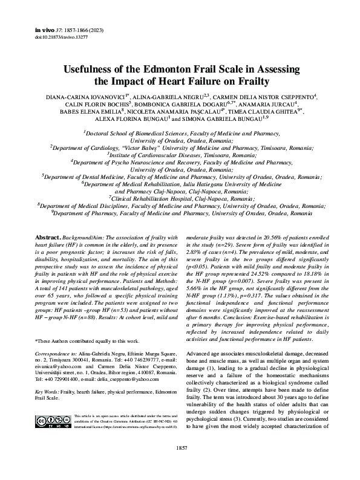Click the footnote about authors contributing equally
[87, 341]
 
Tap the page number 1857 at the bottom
[180, 464]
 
